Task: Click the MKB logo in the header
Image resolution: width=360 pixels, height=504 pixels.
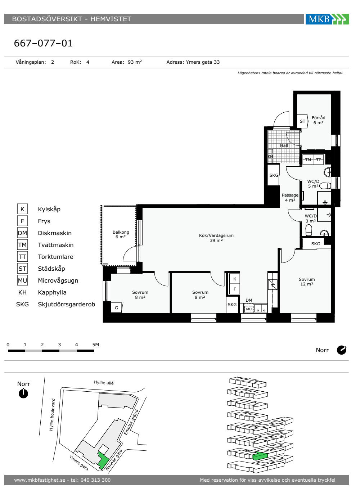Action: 327,19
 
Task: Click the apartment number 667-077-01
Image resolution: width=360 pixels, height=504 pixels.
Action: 43,43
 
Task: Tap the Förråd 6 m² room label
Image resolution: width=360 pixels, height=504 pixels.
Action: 318,120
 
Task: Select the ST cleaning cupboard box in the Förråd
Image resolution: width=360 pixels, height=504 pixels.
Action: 302,121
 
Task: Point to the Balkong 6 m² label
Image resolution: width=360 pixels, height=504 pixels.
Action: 121,234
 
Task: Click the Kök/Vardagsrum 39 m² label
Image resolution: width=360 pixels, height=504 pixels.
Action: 216,238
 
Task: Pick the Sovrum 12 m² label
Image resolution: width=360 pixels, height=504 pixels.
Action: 307,282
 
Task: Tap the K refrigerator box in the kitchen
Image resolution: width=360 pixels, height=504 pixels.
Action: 235,279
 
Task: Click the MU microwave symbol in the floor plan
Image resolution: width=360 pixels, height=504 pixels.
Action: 249,309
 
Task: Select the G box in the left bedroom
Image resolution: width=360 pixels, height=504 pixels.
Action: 116,307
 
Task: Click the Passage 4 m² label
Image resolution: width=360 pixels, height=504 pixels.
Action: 290,198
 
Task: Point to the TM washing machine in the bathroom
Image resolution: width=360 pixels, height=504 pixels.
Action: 308,160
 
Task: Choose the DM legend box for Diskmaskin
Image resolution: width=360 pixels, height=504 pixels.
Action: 22,233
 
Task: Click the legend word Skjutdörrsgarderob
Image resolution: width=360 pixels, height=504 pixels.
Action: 66,304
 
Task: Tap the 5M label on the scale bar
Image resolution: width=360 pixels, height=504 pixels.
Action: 96,345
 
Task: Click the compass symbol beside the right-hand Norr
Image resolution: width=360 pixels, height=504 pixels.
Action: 342,350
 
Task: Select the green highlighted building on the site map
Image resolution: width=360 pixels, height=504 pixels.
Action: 103,461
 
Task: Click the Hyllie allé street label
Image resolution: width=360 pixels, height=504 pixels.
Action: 104,382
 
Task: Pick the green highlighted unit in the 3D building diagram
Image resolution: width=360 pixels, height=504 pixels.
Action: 260,456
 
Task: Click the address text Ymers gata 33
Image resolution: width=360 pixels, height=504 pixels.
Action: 203,62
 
